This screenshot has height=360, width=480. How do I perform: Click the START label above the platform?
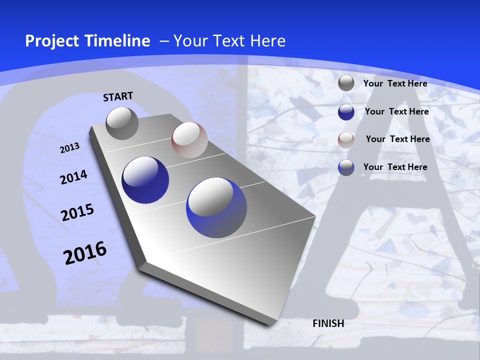118,96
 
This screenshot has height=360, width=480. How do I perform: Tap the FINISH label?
328,323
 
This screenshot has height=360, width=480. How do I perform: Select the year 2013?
69,148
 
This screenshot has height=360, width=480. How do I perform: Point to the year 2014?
73,177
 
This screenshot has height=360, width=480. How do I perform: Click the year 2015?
77,212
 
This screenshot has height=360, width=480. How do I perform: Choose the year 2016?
84,253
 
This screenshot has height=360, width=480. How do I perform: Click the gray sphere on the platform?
122,123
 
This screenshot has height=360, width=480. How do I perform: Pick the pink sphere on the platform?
189,140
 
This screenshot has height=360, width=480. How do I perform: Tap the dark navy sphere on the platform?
145,180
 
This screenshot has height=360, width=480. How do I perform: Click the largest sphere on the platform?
216,207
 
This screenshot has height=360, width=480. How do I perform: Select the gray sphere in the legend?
346,83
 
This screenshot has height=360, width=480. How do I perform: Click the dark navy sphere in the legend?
346,112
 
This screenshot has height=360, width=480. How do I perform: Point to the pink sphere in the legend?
346,140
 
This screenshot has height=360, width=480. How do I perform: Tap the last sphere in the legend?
346,167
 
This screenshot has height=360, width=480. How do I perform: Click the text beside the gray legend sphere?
395,83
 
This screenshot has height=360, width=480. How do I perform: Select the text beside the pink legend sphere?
397,139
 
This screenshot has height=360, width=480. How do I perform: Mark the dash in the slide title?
164,41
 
